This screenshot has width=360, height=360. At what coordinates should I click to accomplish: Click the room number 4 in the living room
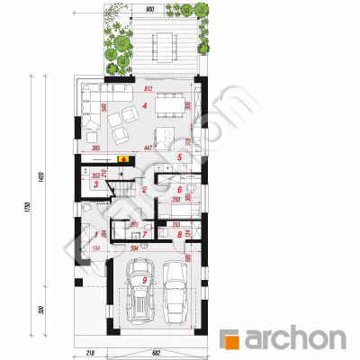(x=144, y=105)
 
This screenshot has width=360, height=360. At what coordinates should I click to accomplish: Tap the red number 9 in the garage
(x=144, y=281)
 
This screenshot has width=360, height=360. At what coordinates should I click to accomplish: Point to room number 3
(x=96, y=184)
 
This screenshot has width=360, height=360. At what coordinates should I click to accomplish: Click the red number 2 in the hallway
(x=144, y=190)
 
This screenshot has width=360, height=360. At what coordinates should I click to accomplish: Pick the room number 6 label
(x=180, y=189)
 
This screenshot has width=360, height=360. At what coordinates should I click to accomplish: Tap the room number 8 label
(x=180, y=235)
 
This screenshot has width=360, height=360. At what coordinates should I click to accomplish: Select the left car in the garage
(x=141, y=290)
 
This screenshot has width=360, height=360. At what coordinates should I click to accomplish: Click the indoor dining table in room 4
(x=168, y=106)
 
